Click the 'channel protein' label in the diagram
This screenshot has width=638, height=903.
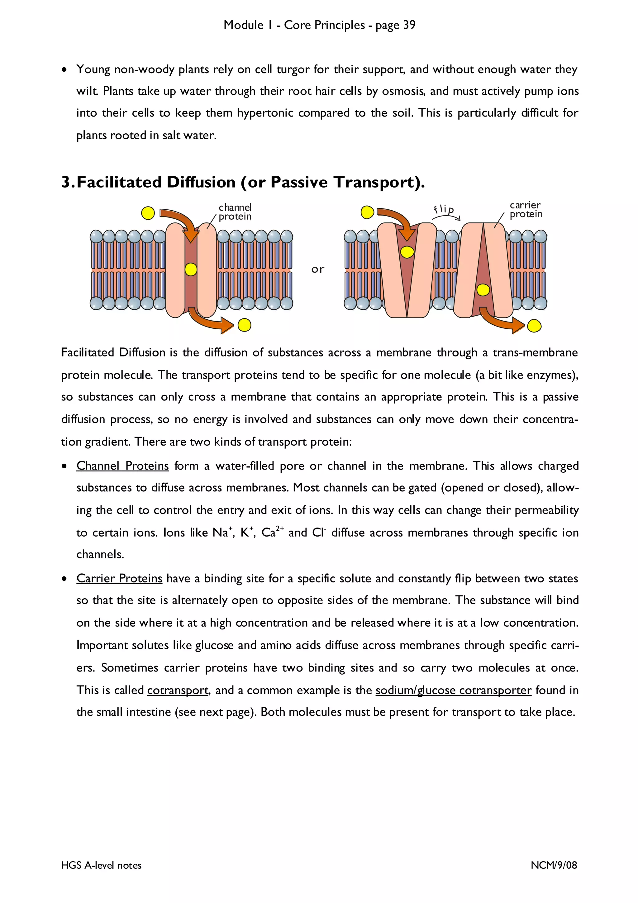click(x=235, y=212)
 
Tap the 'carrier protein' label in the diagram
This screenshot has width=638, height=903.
click(x=526, y=210)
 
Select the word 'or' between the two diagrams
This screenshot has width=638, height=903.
click(x=318, y=270)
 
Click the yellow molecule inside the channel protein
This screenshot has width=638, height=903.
click(x=191, y=270)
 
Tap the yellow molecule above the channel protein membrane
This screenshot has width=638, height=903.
click(x=148, y=213)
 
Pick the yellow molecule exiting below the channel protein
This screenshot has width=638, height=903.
click(x=244, y=325)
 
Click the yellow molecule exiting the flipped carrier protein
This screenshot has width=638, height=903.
click(x=534, y=326)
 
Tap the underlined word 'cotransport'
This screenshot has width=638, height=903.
click(x=178, y=690)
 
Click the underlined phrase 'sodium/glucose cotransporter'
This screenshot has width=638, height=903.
click(x=453, y=690)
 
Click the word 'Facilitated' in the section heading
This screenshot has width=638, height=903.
click(x=119, y=182)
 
